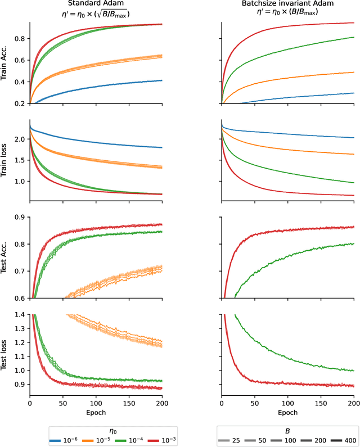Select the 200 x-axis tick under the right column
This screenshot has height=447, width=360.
coord(354,404)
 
